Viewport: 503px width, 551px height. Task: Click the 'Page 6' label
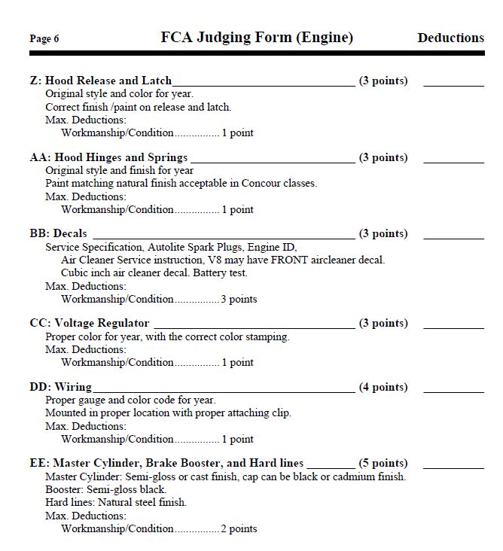tap(44, 39)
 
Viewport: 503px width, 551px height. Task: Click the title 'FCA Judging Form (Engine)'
tap(257, 38)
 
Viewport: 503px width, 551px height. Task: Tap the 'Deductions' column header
tap(450, 38)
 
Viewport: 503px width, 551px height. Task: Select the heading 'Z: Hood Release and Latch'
tap(101, 81)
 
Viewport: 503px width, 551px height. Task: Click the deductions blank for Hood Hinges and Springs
tap(453, 160)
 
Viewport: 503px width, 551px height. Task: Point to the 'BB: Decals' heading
tap(58, 234)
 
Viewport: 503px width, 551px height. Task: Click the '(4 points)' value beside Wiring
tap(383, 388)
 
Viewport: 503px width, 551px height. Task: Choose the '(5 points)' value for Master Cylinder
tap(383, 464)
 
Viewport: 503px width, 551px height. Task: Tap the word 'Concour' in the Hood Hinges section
tap(261, 183)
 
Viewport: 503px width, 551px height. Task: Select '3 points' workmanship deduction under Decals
tap(239, 299)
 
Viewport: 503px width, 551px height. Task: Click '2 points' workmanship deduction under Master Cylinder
tap(239, 528)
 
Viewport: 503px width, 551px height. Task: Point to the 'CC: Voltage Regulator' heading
tap(90, 324)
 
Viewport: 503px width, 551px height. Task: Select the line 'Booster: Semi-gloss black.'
tap(105, 489)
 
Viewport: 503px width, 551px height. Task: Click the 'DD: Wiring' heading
tap(61, 388)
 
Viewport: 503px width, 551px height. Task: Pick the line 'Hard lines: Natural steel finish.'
tap(116, 502)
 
